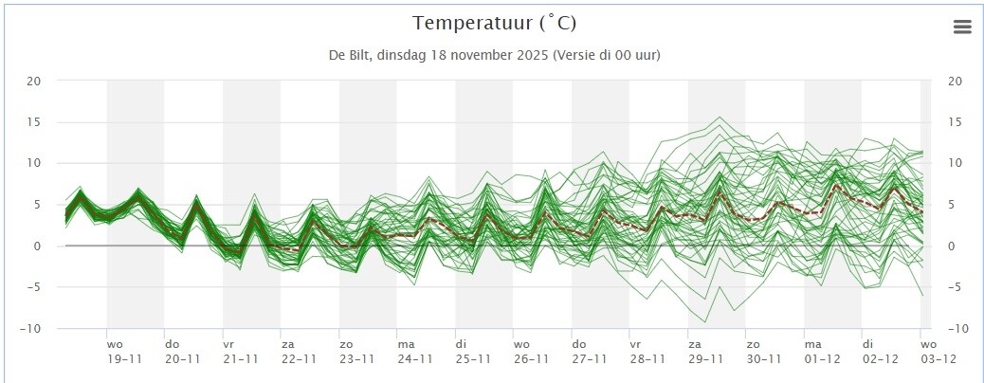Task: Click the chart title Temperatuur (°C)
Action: (495, 24)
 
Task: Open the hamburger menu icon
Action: (962, 27)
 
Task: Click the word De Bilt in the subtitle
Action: (348, 55)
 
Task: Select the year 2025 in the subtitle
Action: (534, 55)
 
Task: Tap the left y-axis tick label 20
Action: (33, 81)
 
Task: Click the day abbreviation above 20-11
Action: (172, 344)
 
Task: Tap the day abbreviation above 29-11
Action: (695, 344)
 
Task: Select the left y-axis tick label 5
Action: (37, 205)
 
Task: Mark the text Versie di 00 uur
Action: (606, 55)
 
